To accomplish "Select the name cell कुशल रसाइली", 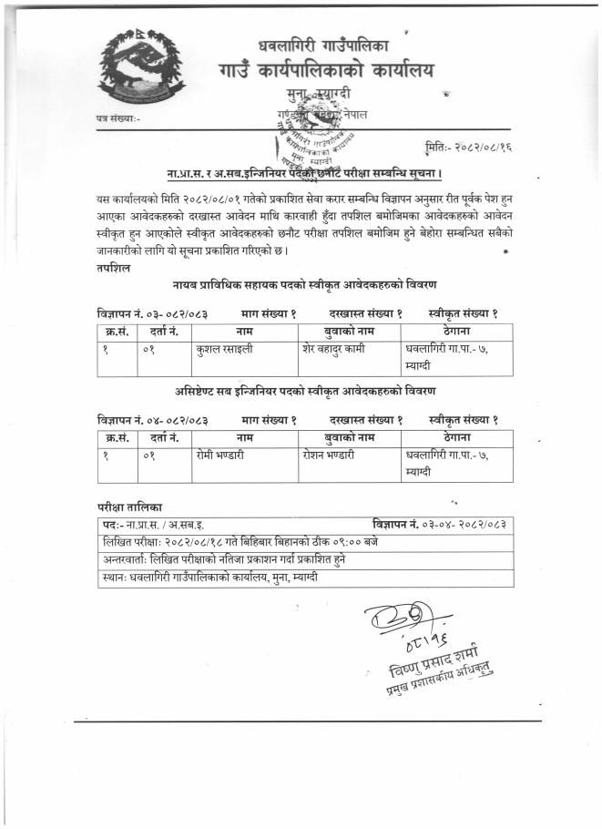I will [x=224, y=348].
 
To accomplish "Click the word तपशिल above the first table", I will [x=112, y=270].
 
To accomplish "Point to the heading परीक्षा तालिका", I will [x=132, y=505].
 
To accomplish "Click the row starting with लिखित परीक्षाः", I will [x=240, y=542].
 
